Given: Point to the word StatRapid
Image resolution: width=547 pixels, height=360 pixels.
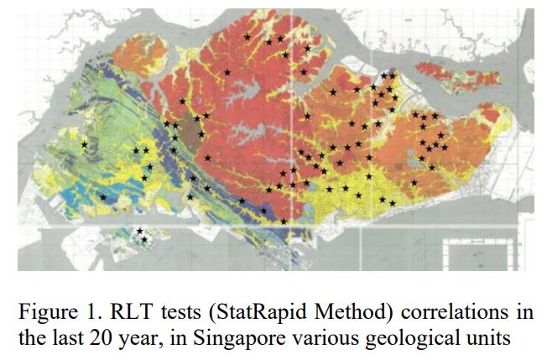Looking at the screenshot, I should click(x=238, y=314).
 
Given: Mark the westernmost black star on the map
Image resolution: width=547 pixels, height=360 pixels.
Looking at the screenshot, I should click(x=84, y=145).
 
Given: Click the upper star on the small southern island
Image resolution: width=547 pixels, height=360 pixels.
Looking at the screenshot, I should click(x=139, y=232).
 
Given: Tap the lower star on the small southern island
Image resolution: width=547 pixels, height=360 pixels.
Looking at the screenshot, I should click(x=143, y=240).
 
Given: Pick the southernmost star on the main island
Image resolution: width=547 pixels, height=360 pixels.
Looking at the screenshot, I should click(x=284, y=221).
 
